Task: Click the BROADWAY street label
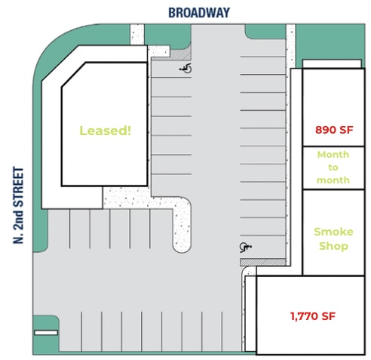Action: (199, 12)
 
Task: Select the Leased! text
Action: (106, 130)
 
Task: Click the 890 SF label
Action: (334, 130)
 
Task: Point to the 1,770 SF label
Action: (312, 316)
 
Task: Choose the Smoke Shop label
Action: (333, 238)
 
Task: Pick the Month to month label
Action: (333, 167)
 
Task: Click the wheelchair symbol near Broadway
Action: (185, 69)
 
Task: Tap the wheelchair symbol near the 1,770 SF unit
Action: (244, 247)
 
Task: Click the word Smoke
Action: (333, 231)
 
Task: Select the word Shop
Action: (333, 246)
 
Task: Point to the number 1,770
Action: (305, 316)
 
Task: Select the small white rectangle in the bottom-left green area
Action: (46, 332)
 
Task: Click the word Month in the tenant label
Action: (333, 154)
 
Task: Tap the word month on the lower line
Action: (333, 180)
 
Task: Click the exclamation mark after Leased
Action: (129, 130)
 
